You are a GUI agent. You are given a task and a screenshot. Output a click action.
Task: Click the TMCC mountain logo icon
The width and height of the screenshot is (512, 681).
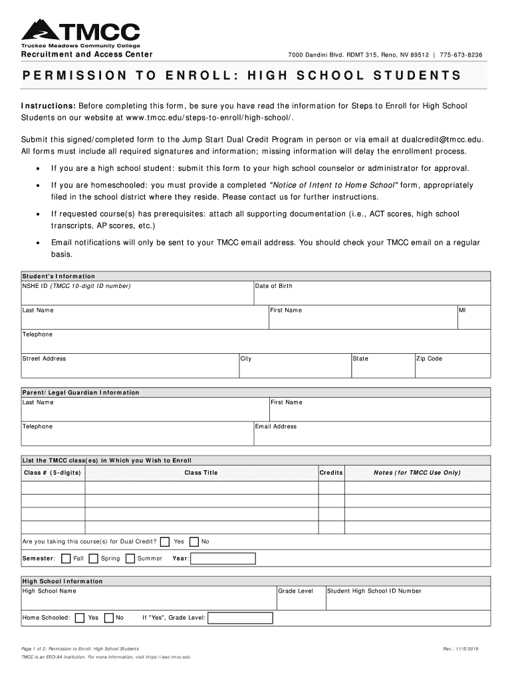point(42,29)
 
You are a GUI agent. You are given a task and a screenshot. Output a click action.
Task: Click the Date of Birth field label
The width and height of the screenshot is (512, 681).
point(273,286)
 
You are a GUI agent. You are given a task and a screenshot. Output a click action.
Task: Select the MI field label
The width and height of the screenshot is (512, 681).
point(462,311)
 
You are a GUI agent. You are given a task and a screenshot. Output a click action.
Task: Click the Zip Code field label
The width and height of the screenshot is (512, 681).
point(429,359)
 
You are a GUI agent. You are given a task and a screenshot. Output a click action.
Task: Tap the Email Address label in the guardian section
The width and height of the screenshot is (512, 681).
point(276,427)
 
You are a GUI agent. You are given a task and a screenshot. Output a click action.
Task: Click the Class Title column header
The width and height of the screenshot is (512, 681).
point(201,473)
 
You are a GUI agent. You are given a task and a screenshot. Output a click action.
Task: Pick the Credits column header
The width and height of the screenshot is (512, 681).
point(331,473)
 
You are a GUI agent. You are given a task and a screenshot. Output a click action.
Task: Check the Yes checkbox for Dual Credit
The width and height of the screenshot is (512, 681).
point(164,541)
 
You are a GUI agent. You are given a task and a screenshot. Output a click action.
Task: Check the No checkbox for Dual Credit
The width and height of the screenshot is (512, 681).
point(194,541)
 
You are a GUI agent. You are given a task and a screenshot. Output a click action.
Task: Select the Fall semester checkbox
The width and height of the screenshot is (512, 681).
point(66,559)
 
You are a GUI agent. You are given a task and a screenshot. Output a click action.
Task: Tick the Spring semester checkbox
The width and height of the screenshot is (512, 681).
point(94,559)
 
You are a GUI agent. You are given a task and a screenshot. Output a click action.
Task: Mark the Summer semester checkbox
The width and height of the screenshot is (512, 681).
point(130,559)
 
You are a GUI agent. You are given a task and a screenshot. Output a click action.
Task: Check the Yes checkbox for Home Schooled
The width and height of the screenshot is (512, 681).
point(80,618)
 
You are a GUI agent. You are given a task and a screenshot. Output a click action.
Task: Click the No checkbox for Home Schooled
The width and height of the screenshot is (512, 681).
point(109,618)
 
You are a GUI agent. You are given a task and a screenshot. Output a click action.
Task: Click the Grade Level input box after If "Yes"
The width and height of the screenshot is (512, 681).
point(240,618)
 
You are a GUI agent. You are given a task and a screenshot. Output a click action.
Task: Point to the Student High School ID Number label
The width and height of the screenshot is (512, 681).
point(374,591)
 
